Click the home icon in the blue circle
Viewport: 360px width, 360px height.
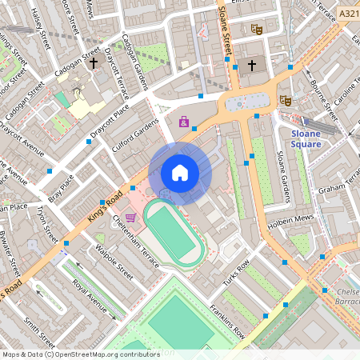(x=180, y=173)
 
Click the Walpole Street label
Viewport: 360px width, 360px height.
(x=114, y=262)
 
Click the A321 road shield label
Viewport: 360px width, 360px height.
(x=348, y=14)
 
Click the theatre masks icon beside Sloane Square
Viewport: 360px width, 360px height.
(x=284, y=101)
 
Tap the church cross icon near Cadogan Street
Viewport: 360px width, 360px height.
(x=94, y=62)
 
